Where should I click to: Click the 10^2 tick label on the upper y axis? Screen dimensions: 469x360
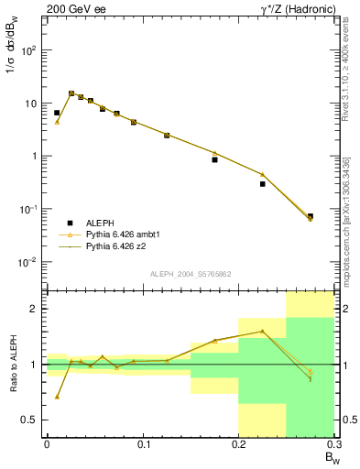pos(30,49)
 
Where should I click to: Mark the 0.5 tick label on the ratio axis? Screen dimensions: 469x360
pos(31,420)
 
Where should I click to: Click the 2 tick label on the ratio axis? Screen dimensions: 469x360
pos(35,309)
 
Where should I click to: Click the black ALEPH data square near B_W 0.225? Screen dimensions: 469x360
pos(263,184)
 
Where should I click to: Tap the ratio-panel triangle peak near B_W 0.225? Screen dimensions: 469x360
pos(263,332)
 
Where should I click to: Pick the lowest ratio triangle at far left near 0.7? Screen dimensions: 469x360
pos(57,397)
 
